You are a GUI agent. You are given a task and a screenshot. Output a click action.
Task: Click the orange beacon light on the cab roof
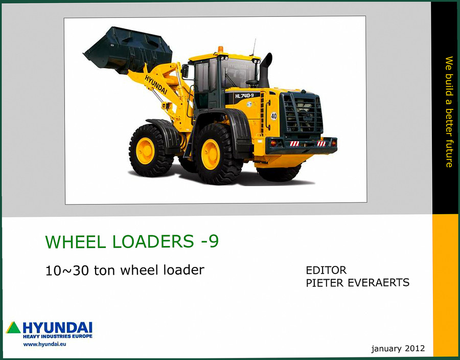click(x=220, y=50)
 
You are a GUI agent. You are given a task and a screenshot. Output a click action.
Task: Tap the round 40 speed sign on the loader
click(x=274, y=116)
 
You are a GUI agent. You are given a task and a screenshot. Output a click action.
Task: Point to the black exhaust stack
click(x=265, y=71)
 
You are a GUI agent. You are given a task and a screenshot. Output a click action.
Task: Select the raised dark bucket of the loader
click(x=128, y=49)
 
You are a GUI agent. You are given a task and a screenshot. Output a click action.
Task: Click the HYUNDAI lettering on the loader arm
click(x=156, y=84)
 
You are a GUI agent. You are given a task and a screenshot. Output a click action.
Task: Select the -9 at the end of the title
click(x=210, y=241)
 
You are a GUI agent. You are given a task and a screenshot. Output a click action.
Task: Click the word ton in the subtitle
click(x=104, y=270)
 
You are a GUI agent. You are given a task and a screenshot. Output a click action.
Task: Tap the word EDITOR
click(x=326, y=270)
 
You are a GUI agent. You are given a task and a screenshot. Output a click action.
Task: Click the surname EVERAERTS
click(x=378, y=283)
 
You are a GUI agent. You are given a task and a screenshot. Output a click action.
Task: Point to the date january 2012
click(x=398, y=348)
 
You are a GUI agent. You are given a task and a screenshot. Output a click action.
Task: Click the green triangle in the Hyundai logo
click(x=13, y=327)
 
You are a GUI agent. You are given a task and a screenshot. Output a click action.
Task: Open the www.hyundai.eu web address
click(x=44, y=344)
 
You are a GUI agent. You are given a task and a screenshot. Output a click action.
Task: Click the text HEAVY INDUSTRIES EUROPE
click(x=57, y=336)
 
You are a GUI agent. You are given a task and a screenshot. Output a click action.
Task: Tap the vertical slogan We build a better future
click(x=449, y=112)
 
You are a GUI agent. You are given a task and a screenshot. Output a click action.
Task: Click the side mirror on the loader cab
click(x=185, y=71)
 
